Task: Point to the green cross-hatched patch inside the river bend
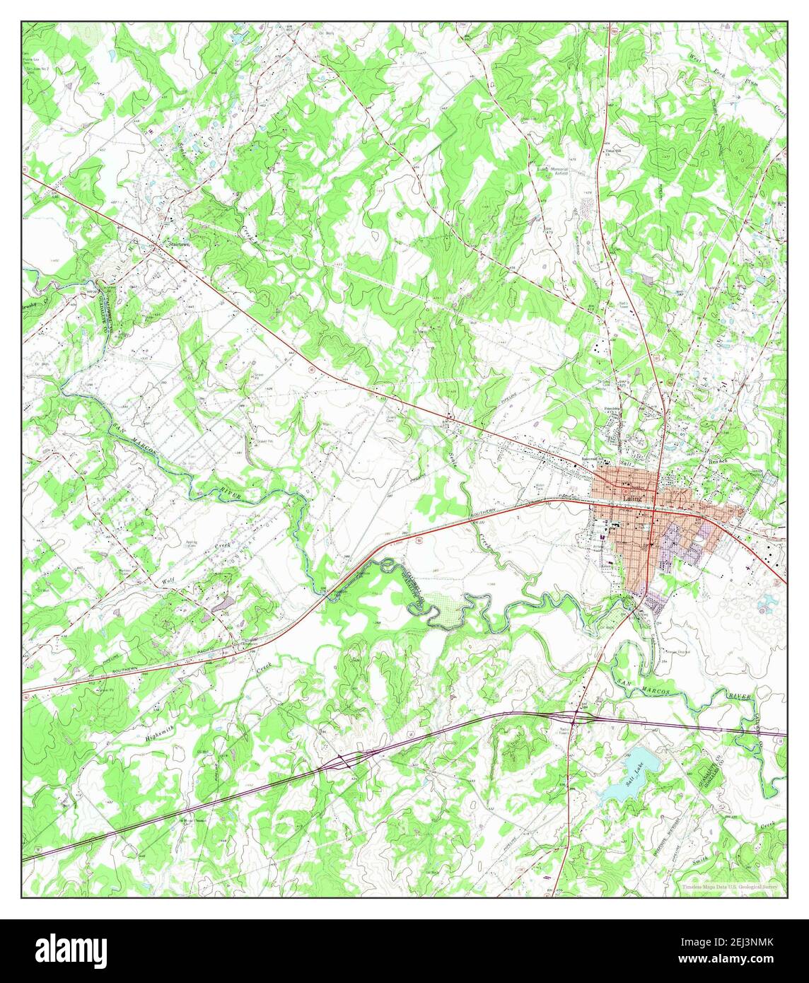coord(447,612)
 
